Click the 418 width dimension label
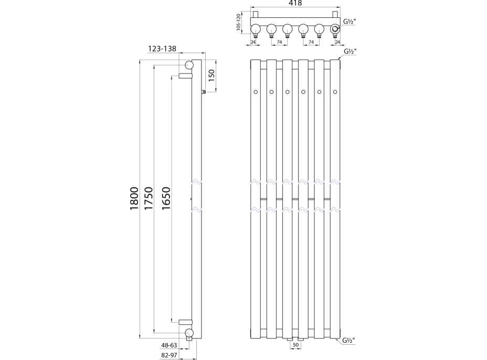295,4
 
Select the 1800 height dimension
134,199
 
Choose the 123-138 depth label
162,49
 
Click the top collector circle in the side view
189,65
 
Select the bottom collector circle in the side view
189,333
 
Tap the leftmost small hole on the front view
256,92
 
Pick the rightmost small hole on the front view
335,92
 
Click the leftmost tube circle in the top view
256,29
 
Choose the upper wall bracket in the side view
185,77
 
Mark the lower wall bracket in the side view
185,321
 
